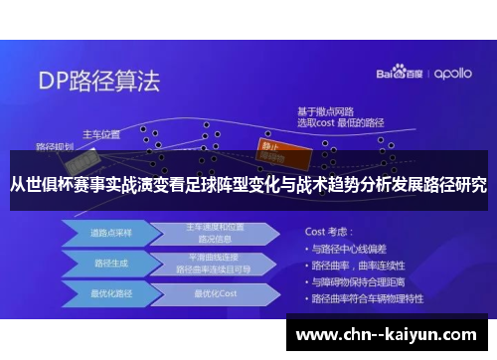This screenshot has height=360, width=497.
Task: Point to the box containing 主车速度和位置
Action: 215,233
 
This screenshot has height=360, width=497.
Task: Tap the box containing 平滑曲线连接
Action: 215,264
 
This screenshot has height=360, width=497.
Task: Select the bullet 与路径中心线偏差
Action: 353,247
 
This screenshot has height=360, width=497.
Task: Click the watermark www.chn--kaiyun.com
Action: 387,334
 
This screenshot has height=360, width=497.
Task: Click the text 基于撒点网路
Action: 325,110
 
